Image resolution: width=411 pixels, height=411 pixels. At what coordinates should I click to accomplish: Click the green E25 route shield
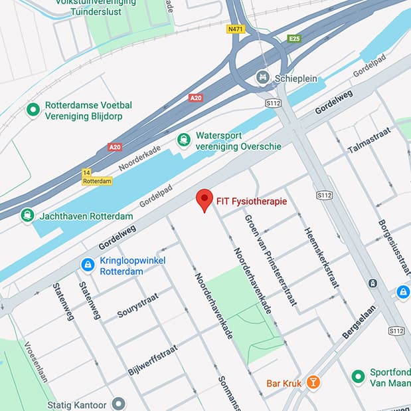[x=294, y=39]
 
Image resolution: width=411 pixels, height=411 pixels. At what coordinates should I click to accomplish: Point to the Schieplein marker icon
[x=263, y=77]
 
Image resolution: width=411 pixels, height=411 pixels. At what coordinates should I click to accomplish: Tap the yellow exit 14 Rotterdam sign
[x=97, y=176]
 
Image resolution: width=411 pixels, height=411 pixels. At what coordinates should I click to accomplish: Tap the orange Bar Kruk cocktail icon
[x=314, y=382]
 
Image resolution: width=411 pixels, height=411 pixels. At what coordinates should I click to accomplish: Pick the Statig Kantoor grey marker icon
[x=119, y=404]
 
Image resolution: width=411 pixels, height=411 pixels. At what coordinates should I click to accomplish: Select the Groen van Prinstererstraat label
[x=270, y=259]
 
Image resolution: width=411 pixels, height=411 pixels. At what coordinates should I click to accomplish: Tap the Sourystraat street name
[x=139, y=303]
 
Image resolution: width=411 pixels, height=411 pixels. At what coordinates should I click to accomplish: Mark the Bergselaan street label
[x=359, y=323]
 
